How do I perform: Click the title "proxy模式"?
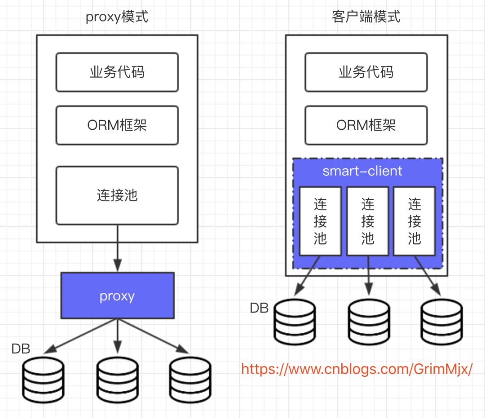click(117, 17)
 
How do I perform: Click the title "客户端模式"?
click(366, 17)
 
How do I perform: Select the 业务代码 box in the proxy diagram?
click(117, 72)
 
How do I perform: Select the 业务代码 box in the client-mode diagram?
click(366, 72)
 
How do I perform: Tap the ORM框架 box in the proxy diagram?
click(117, 125)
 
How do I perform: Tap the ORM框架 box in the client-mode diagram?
click(366, 125)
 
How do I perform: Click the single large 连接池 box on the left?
click(117, 195)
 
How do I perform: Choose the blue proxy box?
click(117, 296)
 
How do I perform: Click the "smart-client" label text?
click(362, 171)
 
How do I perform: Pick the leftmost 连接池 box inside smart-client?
click(320, 221)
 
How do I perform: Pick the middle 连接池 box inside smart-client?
click(367, 221)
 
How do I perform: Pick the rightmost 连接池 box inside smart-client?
click(414, 221)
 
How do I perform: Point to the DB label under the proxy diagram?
click(21, 349)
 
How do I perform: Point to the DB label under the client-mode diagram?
click(259, 308)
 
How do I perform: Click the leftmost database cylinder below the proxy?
click(43, 379)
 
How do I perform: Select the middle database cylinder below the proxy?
click(118, 379)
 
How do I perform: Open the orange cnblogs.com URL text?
click(357, 369)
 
